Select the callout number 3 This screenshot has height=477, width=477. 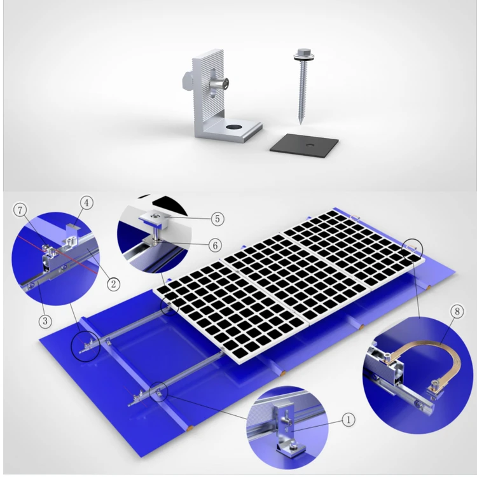pyautogui.click(x=45, y=321)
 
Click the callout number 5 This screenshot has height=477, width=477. pyautogui.click(x=218, y=218)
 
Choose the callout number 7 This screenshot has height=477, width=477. pyautogui.click(x=20, y=209)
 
